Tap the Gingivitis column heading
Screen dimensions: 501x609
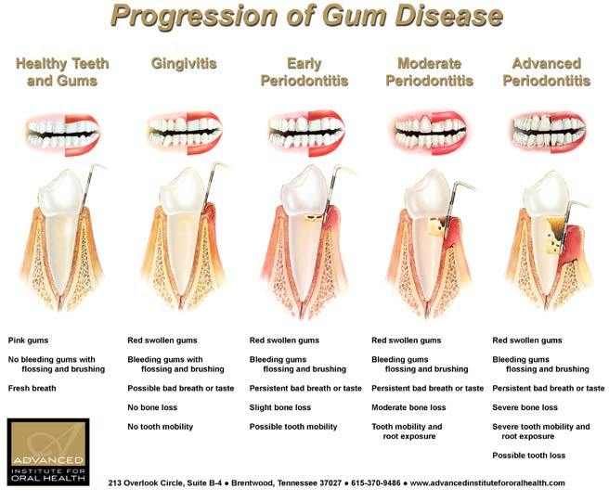[184, 64]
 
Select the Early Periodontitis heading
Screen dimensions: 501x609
[304, 71]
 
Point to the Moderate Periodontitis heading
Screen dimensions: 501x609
[429, 71]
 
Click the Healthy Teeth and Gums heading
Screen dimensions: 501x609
[62, 71]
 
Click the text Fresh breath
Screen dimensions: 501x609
[33, 388]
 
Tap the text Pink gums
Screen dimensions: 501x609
[28, 340]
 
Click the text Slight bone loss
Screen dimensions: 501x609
[280, 407]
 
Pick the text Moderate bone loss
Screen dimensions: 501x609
[408, 407]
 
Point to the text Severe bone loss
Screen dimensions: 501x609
[525, 407]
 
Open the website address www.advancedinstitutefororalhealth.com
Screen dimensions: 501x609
[487, 483]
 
